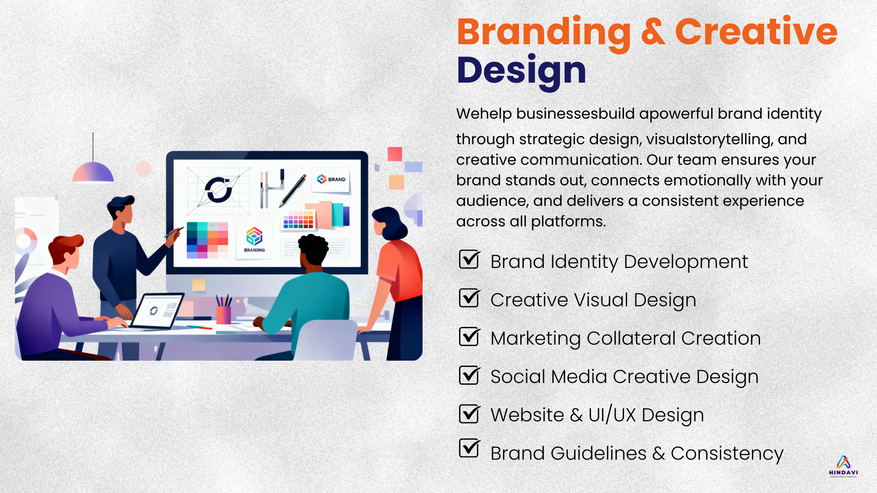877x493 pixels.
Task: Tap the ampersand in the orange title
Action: coord(653,32)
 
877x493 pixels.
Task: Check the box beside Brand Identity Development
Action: coord(470,259)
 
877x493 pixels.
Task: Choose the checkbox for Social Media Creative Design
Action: coord(470,375)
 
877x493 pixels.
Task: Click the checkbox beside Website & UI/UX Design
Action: coord(470,413)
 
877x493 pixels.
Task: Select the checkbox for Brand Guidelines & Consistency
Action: coord(470,448)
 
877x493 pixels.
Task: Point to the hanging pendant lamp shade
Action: coord(93,172)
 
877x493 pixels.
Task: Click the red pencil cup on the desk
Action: coord(223,315)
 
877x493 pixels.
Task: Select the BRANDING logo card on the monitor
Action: coord(254,240)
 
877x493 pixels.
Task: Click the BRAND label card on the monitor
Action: coord(332,180)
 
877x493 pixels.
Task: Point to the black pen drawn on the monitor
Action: coord(293,190)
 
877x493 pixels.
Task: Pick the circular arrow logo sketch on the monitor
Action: coord(218,190)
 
